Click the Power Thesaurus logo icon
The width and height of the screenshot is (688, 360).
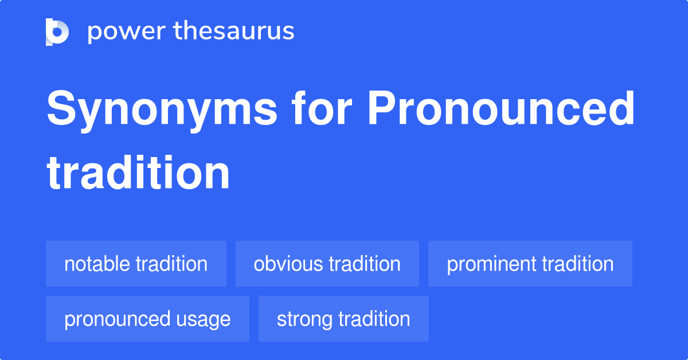pyautogui.click(x=57, y=32)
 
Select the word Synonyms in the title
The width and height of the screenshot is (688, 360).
pyautogui.click(x=162, y=111)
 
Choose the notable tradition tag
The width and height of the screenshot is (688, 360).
pyautogui.click(x=136, y=264)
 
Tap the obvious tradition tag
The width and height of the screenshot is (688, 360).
pyautogui.click(x=327, y=264)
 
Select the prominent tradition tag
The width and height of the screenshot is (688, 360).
pyautogui.click(x=530, y=264)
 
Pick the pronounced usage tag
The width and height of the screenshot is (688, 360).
pyautogui.click(x=147, y=319)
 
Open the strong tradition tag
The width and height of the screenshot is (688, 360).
pyautogui.click(x=343, y=319)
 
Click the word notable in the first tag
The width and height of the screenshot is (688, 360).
pyautogui.click(x=97, y=264)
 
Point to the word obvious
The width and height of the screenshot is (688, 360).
pyautogui.click(x=288, y=264)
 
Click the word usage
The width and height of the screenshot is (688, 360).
pyautogui.click(x=205, y=319)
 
